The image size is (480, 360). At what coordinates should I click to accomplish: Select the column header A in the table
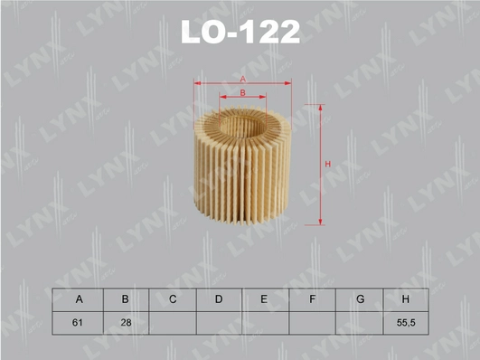coord(80,299)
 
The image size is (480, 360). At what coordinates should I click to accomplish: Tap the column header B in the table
coord(127,299)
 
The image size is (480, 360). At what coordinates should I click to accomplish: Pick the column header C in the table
coord(172,299)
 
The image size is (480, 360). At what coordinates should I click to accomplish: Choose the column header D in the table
coord(219,299)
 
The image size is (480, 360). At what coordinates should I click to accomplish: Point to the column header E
coord(265,299)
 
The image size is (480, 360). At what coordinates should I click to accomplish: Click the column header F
coord(312,299)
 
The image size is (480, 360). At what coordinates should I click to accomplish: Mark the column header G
coord(359,299)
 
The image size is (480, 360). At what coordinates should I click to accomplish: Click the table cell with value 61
coord(80,322)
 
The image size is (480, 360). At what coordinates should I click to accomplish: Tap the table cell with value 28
coord(127,322)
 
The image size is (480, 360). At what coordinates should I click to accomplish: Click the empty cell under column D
coord(219,322)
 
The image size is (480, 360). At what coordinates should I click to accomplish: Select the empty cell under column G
coord(359,322)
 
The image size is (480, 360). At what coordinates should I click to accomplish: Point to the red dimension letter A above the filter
coord(243,80)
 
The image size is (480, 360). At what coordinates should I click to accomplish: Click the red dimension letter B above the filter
coord(243,92)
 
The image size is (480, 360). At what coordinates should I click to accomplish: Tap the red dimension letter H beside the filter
coord(329,164)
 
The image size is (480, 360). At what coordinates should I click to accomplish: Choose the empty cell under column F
coord(312,322)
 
